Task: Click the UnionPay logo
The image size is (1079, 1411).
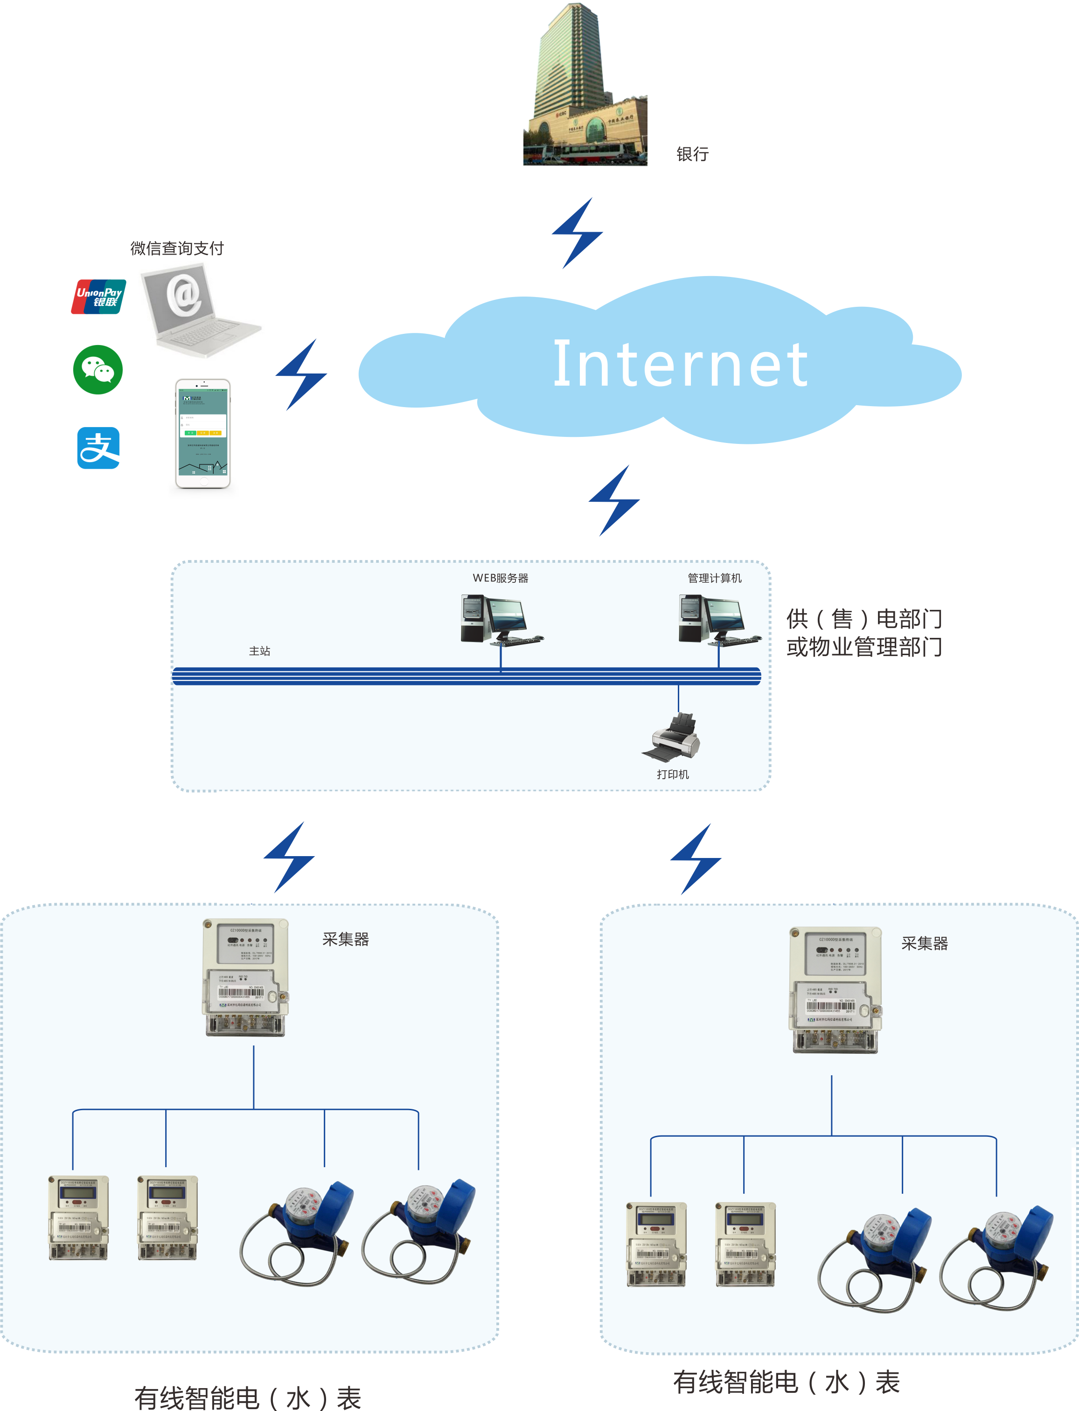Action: (x=99, y=297)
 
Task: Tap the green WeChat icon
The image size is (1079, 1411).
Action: (x=97, y=370)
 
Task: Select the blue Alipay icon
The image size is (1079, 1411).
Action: (x=98, y=448)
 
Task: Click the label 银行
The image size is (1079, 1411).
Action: (x=692, y=154)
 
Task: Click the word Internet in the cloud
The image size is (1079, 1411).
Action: (x=680, y=365)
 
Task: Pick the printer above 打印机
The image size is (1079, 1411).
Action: (x=672, y=737)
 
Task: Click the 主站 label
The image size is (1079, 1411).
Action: (x=259, y=651)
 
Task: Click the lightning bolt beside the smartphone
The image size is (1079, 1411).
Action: (x=301, y=375)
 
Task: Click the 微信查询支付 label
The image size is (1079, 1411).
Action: (x=177, y=249)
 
